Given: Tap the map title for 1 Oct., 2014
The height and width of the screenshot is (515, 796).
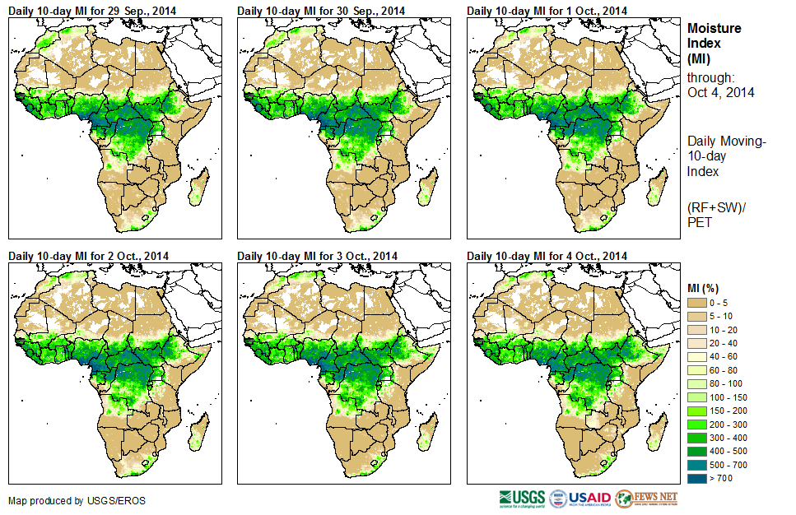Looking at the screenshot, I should coord(547,10).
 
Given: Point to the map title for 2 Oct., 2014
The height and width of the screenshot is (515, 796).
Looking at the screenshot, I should coord(88,256).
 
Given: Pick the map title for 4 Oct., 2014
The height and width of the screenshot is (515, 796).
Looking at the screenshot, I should coord(547,256).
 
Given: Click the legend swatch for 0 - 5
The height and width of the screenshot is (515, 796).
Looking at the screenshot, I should coord(697,303).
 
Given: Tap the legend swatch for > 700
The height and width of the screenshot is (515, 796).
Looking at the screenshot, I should coord(697,477).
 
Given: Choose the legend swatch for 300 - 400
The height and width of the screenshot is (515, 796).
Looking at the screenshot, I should coord(697,437).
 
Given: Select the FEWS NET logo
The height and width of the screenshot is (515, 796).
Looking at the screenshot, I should coord(646,499).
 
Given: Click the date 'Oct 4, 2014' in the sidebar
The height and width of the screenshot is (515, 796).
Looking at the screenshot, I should coord(720,92).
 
